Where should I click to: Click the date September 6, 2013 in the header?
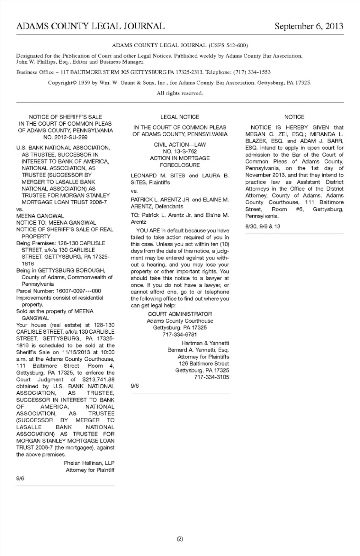[309, 26]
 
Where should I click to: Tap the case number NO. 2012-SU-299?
[65, 137]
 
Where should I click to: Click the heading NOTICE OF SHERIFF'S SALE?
[65, 117]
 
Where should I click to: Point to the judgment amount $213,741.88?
[98, 379]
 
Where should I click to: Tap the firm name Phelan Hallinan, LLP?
[89, 463]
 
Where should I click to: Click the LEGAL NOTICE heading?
[180, 117]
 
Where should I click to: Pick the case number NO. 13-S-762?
[180, 151]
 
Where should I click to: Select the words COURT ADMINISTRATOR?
[180, 314]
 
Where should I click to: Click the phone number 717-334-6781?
[180, 334]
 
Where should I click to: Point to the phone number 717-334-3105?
[211, 377]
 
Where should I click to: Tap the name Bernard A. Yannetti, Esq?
[198, 350]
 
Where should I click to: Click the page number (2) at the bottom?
[180, 539]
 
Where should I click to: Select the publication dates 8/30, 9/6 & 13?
[263, 226]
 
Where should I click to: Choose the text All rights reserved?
[180, 93]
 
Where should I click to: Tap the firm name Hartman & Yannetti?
[205, 343]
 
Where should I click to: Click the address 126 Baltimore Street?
[204, 364]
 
